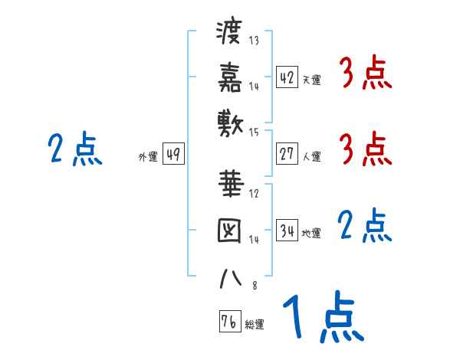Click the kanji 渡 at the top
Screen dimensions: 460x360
[x=229, y=34]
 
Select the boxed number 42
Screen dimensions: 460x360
[x=287, y=77]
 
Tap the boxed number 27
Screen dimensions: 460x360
[x=287, y=154]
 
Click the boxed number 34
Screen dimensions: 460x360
[x=287, y=231]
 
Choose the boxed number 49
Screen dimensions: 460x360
[x=173, y=154]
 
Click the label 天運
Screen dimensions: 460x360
[x=311, y=80]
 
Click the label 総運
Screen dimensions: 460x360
[x=255, y=325]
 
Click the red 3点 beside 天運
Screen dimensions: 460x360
[x=365, y=75]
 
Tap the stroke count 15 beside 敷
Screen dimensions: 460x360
[x=255, y=133]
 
